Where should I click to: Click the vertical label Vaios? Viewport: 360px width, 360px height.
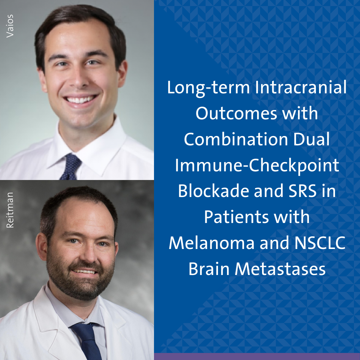10,26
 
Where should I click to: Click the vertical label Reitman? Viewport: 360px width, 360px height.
10,210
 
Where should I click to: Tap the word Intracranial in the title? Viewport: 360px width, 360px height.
301,87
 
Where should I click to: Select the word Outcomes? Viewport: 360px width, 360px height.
236,113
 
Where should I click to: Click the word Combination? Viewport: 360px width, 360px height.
236,139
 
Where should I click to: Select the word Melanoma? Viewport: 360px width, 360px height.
211,243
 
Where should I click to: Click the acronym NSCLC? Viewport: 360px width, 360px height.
320,243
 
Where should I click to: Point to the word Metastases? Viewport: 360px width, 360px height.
280,269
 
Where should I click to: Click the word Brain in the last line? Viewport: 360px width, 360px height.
209,269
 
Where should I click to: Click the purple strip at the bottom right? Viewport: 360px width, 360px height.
257,357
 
